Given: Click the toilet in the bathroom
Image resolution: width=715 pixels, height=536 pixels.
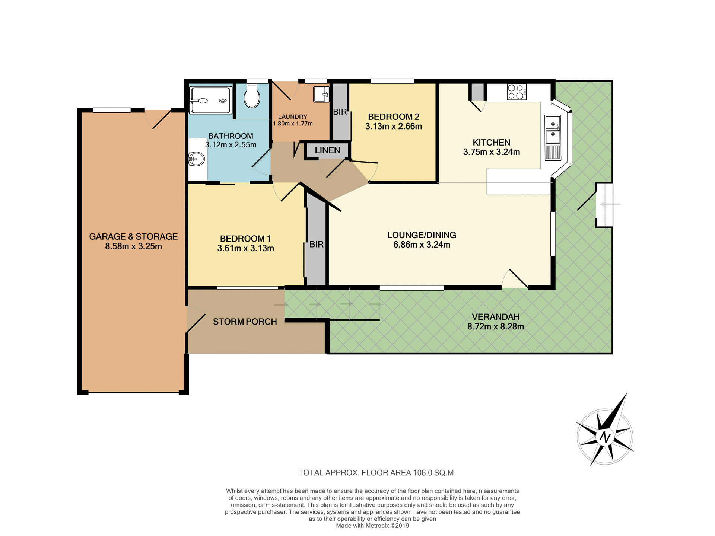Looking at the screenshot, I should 252,96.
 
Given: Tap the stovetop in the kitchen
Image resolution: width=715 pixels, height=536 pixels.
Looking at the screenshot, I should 517,92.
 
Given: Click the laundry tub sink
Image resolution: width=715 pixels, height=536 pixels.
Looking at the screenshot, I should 321,94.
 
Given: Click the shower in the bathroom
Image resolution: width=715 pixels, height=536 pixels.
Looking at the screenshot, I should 210,100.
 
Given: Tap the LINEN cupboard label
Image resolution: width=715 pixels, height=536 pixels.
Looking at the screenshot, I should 327,150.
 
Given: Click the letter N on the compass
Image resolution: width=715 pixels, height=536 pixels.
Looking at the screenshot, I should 605,437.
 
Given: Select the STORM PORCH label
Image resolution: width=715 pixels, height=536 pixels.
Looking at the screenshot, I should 245,322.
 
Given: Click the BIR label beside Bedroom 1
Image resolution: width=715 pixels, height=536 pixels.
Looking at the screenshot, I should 316,245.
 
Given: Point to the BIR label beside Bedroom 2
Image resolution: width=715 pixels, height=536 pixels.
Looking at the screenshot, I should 340,112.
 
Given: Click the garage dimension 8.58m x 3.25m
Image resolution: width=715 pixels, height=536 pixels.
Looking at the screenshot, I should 133,246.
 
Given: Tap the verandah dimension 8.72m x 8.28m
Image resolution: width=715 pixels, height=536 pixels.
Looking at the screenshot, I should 495,327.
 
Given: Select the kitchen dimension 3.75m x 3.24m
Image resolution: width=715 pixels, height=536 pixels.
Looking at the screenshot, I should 491,152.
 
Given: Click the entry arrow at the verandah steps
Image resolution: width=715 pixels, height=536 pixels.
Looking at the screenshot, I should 610,204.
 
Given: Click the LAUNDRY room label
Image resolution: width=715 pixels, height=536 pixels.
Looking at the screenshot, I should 292,117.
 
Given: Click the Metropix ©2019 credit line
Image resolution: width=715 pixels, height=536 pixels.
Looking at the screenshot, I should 372,526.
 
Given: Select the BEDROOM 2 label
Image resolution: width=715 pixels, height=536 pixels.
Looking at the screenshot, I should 393,117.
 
